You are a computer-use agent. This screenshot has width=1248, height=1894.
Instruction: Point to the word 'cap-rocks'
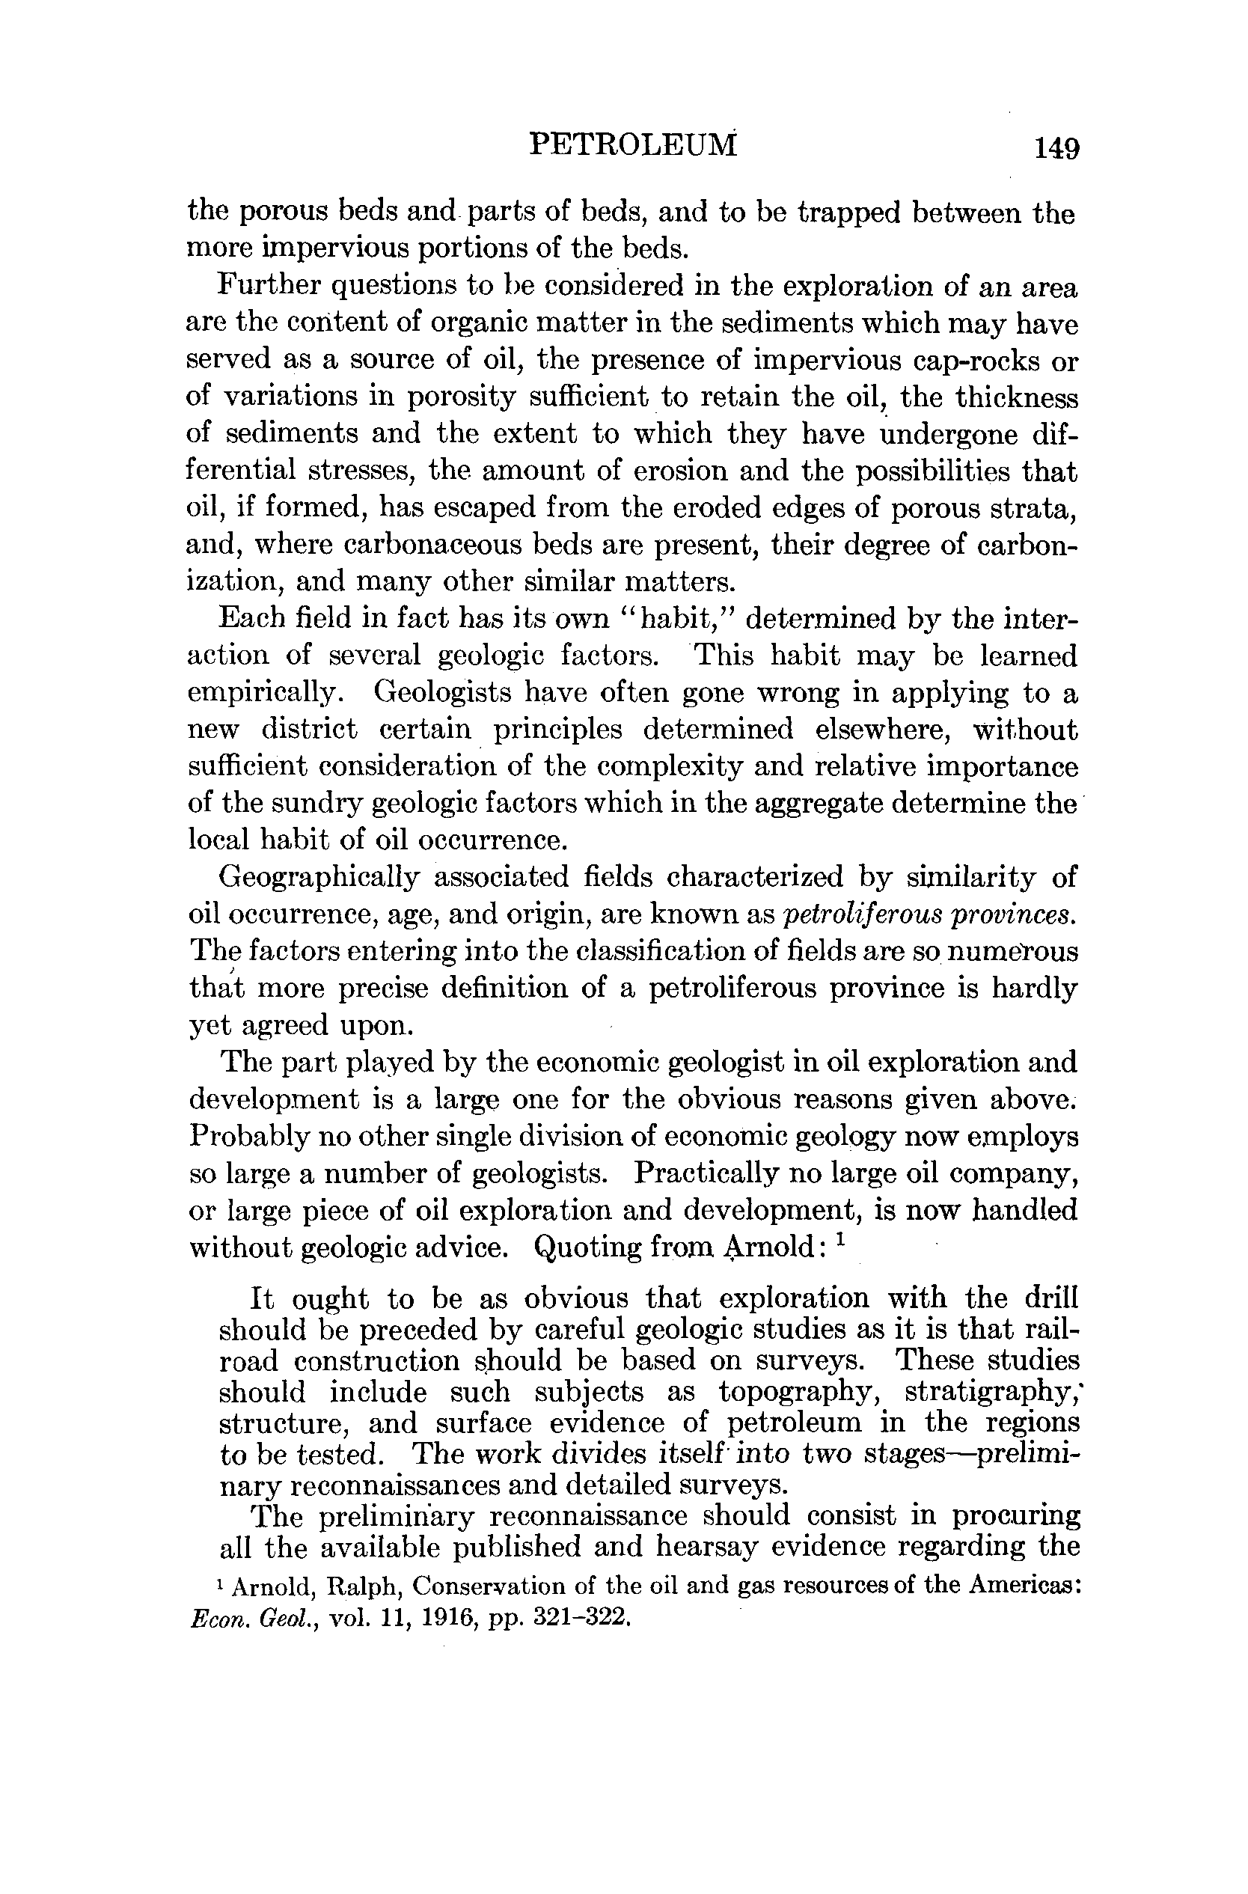[x=982, y=360]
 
